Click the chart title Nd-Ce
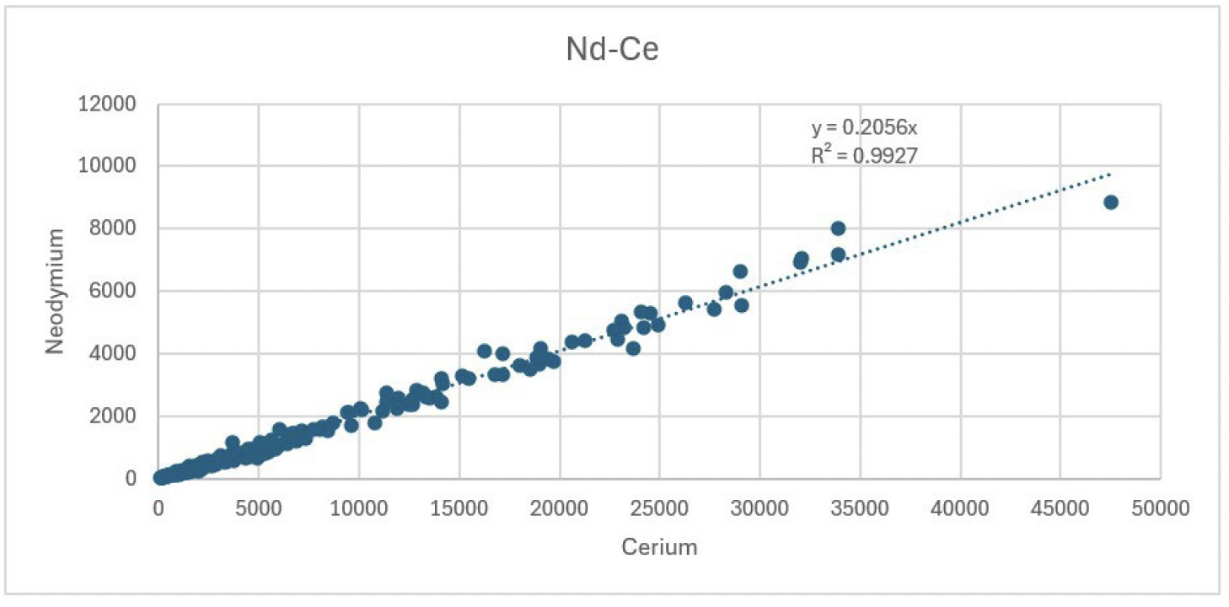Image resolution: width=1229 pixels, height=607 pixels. [x=611, y=50]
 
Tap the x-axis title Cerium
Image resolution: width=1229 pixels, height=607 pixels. [x=659, y=547]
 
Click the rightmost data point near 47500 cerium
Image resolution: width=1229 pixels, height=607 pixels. [x=1110, y=202]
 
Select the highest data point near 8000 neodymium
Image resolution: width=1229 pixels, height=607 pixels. [x=838, y=228]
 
